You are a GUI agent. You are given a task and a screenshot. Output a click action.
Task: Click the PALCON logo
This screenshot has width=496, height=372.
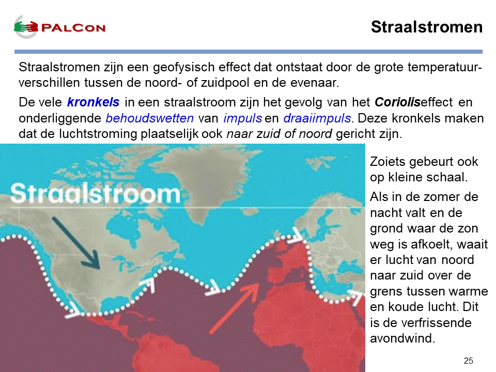coord(59,27)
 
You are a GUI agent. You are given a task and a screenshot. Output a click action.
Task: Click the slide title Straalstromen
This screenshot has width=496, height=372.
coord(427,27)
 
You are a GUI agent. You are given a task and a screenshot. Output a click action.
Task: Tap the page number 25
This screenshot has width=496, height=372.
coord(469,361)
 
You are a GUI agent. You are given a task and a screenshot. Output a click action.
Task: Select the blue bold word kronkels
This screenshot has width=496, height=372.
coord(94,102)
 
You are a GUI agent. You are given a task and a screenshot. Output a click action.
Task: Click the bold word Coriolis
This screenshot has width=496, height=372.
coord(398,102)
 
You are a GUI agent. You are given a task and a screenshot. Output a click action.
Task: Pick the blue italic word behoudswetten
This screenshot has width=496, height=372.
coord(150,118)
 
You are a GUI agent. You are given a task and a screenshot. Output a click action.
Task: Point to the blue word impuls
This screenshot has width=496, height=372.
coord(243,118)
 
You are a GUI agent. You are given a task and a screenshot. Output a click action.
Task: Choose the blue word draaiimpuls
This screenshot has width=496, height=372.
coord(317,118)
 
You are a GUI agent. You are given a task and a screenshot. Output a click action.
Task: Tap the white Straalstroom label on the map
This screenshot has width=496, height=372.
coord(95,194)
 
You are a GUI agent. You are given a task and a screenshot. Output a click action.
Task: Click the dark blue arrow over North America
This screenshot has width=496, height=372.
coord(76,243)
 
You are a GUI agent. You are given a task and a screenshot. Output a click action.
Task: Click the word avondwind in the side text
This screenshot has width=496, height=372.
coord(402,338)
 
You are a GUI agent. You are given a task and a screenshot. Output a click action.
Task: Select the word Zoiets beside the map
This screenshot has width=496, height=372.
coord(388,162)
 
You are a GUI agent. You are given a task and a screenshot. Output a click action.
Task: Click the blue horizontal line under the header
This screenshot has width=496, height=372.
coord(249,52)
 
